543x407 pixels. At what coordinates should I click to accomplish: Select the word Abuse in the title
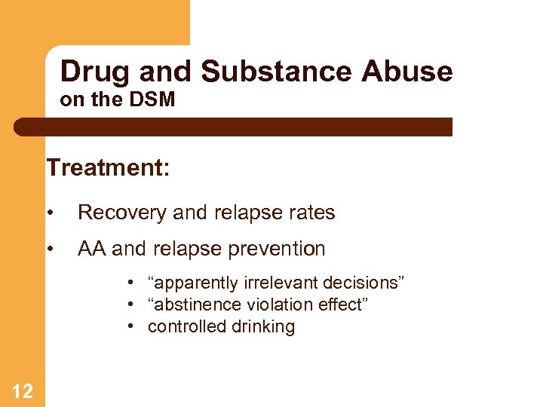pos(406,72)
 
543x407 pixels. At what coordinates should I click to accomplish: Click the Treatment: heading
pos(108,167)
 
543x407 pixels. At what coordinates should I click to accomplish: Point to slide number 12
pos(23,390)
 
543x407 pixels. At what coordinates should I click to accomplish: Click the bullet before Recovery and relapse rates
pos(51,213)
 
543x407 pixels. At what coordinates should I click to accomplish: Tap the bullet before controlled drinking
pos(131,326)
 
